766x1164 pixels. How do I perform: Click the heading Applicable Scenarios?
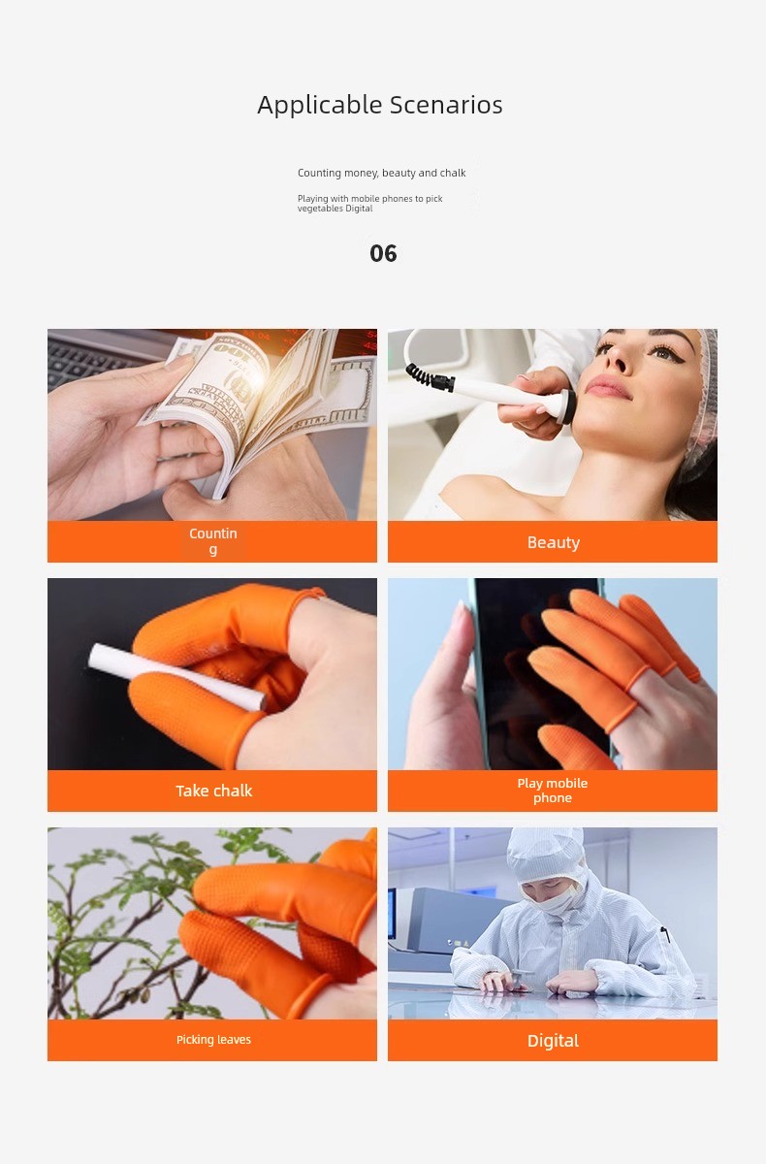click(x=380, y=106)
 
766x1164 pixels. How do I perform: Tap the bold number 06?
click(x=383, y=253)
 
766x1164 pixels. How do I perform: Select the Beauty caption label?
click(x=553, y=542)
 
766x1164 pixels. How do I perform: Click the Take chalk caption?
click(x=213, y=791)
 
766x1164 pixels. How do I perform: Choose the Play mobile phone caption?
click(x=552, y=791)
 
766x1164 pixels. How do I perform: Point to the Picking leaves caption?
click(x=213, y=1039)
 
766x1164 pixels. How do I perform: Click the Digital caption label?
click(x=553, y=1041)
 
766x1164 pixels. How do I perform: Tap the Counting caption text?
click(x=213, y=541)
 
